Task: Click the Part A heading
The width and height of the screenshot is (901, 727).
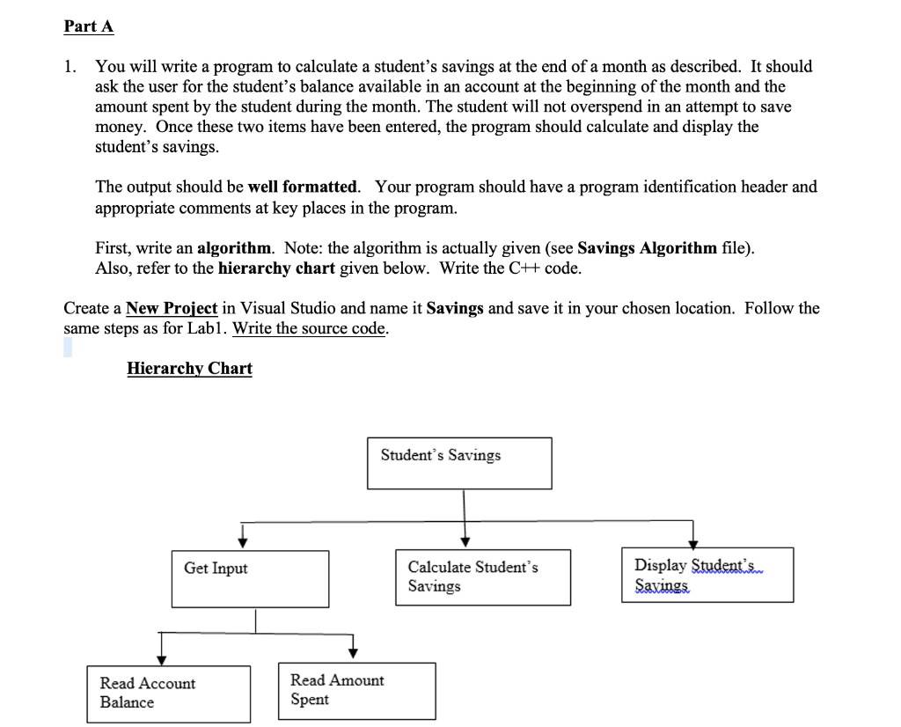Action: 89,26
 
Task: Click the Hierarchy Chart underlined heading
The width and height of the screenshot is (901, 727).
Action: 189,368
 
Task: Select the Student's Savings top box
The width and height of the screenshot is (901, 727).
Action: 459,463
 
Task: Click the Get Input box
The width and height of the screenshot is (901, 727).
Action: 250,578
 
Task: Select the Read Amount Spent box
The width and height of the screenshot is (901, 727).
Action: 356,690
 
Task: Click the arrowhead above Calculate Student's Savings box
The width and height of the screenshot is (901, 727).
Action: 465,540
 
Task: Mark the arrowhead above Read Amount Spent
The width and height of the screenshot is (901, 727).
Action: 353,651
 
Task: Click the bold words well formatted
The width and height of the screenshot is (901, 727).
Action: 304,187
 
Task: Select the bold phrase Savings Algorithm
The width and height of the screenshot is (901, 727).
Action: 647,247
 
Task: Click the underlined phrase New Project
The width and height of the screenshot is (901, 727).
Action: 172,308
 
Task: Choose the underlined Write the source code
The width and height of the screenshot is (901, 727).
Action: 310,328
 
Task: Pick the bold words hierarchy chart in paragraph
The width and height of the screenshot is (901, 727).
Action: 267,268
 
